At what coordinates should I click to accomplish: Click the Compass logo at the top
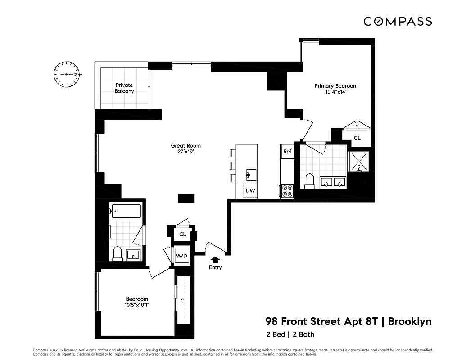tap(398, 21)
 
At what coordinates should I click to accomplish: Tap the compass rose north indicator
tap(67, 74)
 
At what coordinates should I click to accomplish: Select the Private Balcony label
tap(124, 88)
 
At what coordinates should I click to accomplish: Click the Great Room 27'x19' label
tap(185, 148)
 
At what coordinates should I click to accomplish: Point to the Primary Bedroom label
tap(335, 89)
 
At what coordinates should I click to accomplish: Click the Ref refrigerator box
tap(287, 152)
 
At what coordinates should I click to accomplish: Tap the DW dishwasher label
tap(250, 191)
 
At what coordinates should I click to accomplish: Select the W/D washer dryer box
tap(182, 256)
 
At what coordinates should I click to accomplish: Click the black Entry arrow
tap(215, 259)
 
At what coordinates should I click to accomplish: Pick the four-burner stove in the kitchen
tap(287, 191)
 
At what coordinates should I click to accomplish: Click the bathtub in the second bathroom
tap(126, 210)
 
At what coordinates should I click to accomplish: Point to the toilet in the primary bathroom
tap(309, 180)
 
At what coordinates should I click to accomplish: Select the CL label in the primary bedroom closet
tap(357, 138)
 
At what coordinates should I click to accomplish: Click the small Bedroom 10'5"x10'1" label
tap(137, 302)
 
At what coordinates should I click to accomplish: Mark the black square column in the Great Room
tap(186, 198)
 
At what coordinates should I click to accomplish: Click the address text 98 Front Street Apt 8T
tap(322, 321)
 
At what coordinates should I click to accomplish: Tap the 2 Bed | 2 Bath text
tap(290, 334)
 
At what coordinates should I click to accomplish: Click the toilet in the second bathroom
tap(117, 255)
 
